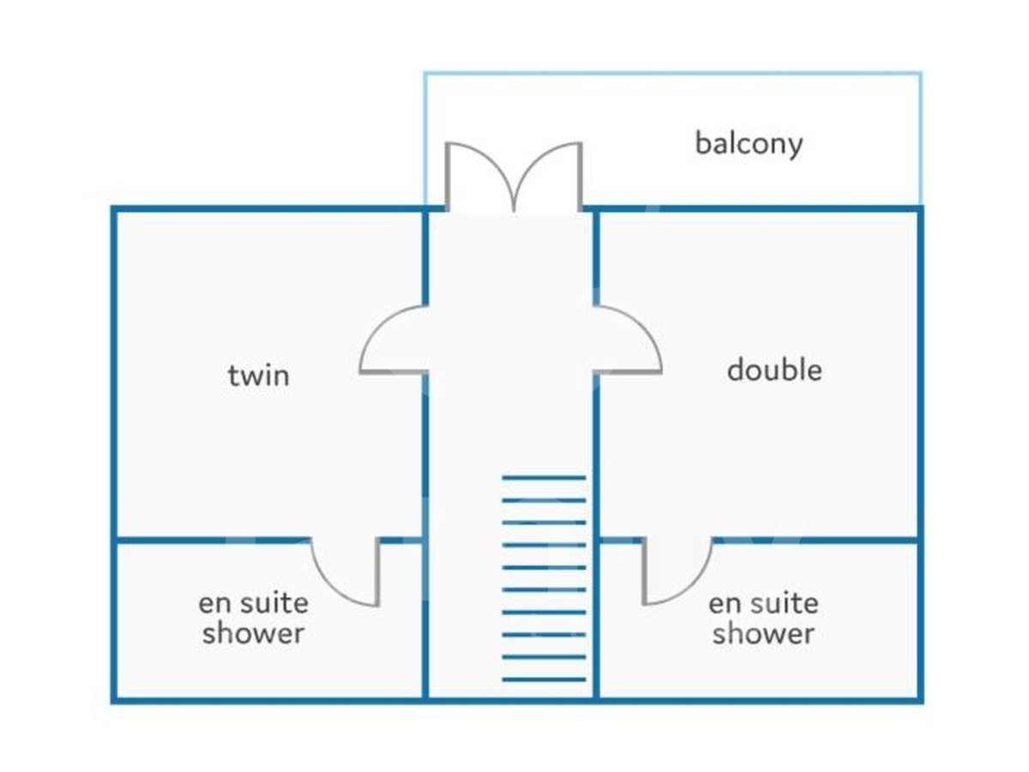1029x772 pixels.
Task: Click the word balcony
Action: pyautogui.click(x=749, y=143)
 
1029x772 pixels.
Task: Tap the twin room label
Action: pyautogui.click(x=259, y=376)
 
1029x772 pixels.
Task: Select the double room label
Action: pyautogui.click(x=774, y=371)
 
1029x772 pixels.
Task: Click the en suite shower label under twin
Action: pyautogui.click(x=253, y=618)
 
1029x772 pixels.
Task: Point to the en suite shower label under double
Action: pyautogui.click(x=763, y=618)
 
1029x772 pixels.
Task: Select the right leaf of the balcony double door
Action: pyautogui.click(x=549, y=176)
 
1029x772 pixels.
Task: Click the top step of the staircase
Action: pyautogui.click(x=544, y=477)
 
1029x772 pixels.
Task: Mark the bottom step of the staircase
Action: pyautogui.click(x=544, y=680)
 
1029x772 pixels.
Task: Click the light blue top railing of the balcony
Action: pyautogui.click(x=672, y=74)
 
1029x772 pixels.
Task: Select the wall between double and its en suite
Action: pyautogui.click(x=815, y=540)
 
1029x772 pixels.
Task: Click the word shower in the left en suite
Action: pyautogui.click(x=253, y=635)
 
